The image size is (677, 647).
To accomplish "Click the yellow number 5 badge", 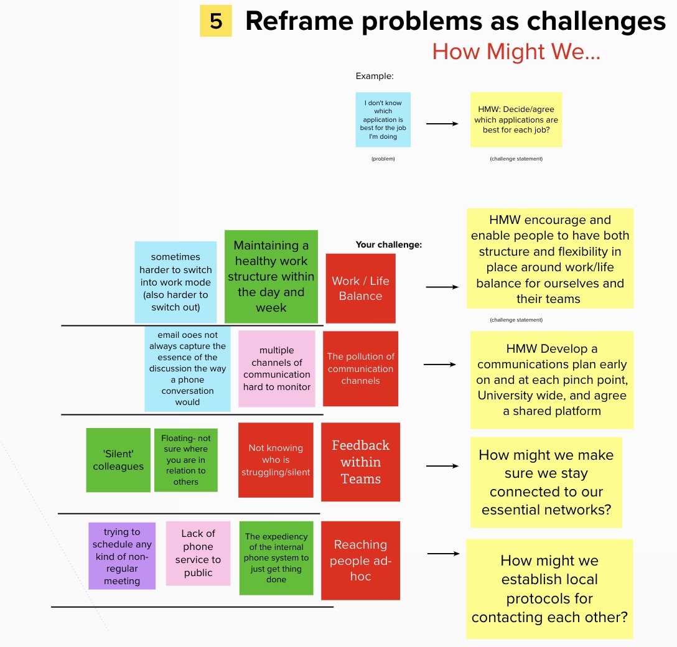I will coord(215,21).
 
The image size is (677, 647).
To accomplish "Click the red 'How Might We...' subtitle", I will coord(516,52).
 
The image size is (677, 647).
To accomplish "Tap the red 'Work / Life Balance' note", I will coord(360,288).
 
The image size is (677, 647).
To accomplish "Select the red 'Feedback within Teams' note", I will coord(360,462).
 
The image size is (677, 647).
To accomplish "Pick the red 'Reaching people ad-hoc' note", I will coord(360,560).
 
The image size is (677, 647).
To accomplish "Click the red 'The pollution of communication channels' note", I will coord(360,368).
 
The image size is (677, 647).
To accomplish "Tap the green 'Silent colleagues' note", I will coord(118,460).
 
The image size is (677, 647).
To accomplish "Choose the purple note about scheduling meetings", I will coord(122,556).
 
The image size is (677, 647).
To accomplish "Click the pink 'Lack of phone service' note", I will coord(198,552).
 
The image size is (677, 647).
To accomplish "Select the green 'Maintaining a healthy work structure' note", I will coord(271,276).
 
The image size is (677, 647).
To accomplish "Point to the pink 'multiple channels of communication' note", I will coord(277,368).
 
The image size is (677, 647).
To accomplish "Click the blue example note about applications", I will coord(383,119).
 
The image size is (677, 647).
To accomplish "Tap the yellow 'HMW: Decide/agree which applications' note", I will coord(516,119).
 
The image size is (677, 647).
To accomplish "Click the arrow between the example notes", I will coord(442,123).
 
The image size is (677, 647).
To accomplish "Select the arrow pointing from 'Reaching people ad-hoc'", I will coord(443,553).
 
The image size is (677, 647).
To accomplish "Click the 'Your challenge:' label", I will coord(388,244).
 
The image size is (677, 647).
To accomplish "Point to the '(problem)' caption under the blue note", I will coord(383,159).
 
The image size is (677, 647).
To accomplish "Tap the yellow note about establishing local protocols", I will coord(549,589).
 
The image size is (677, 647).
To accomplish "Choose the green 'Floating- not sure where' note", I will coord(185,460).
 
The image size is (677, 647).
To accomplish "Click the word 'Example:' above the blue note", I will coord(375,76).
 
